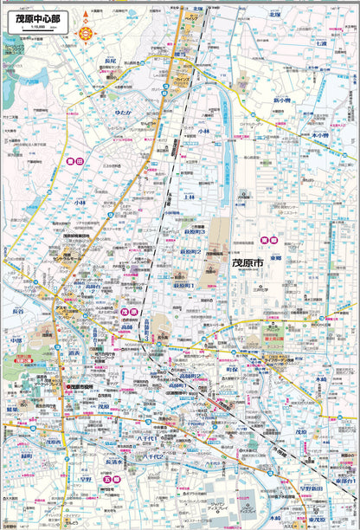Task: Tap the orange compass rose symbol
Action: click(86, 33)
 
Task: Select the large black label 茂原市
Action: click(252, 260)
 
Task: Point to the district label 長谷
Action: click(17, 310)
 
